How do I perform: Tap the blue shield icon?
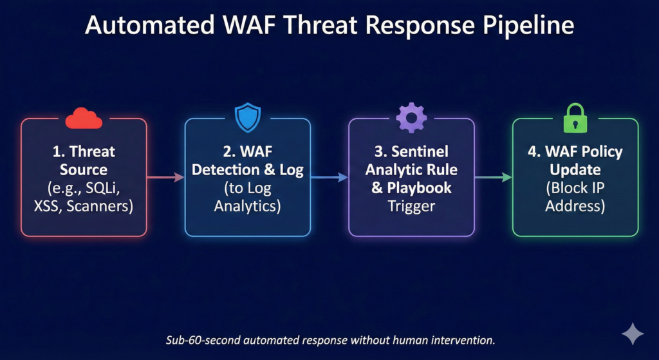(x=247, y=118)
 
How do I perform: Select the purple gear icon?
(x=411, y=117)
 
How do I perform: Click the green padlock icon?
(x=575, y=118)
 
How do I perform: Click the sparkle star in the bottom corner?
(x=632, y=333)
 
